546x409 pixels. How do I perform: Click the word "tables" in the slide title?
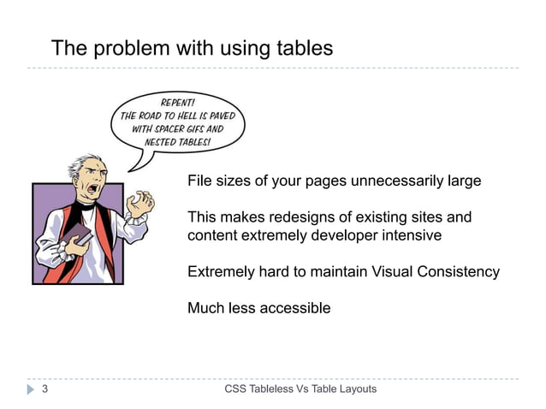point(302,49)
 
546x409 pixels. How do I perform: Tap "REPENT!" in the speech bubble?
point(177,101)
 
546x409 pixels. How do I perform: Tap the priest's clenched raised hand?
point(139,203)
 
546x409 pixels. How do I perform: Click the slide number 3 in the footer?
point(44,389)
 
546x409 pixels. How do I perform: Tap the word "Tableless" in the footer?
point(274,389)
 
